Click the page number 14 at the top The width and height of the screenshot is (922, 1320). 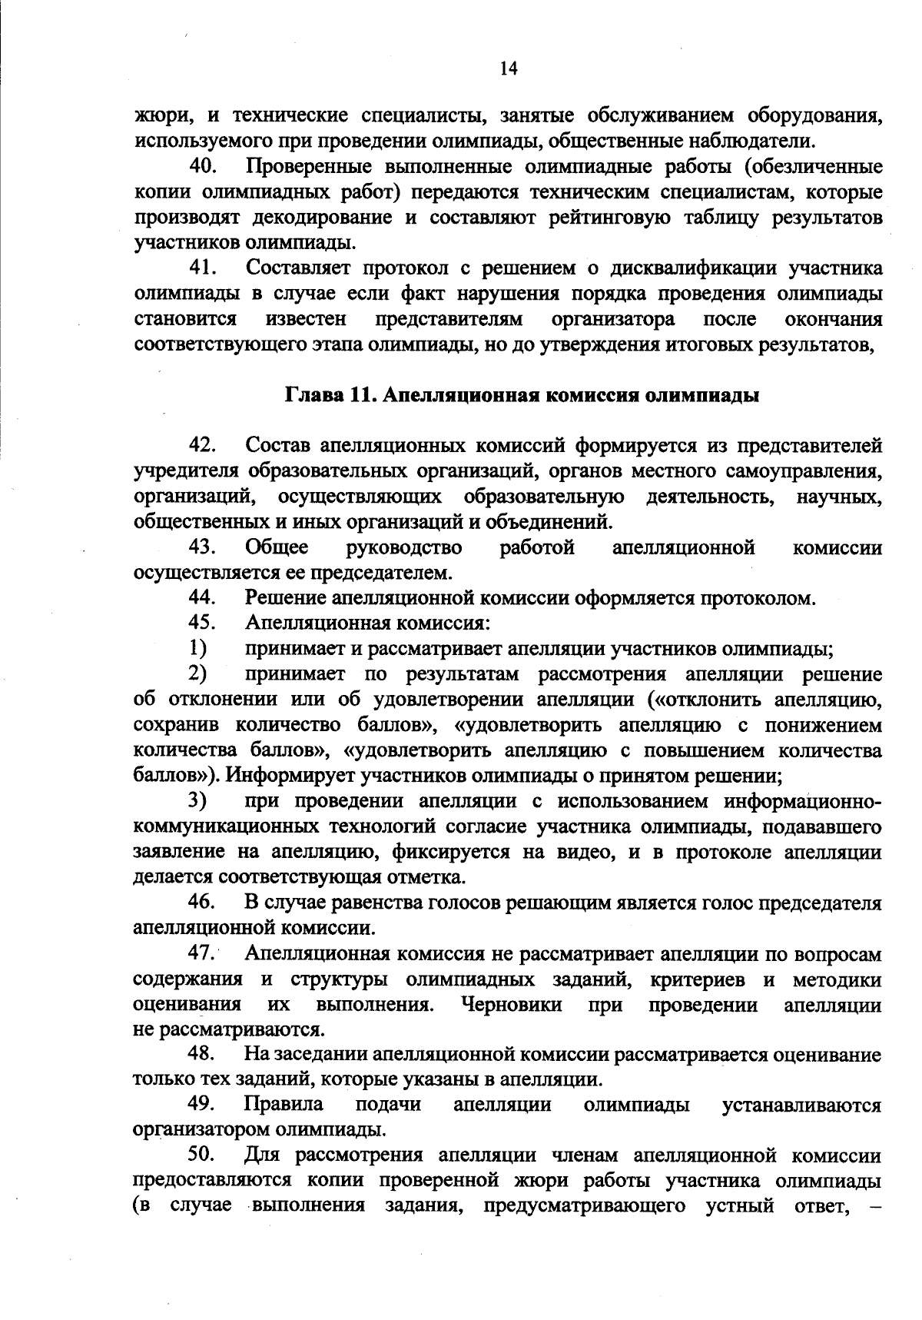pyautogui.click(x=509, y=68)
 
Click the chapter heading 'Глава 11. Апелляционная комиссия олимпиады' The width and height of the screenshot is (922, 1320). pyautogui.click(x=522, y=396)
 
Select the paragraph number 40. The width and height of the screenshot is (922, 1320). pyautogui.click(x=204, y=166)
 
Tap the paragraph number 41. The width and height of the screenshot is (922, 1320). pyautogui.click(x=204, y=268)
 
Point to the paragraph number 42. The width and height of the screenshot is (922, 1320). pyautogui.click(x=204, y=445)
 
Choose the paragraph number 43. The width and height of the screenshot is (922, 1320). pyautogui.click(x=204, y=547)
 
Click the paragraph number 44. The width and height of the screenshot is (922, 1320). pyautogui.click(x=204, y=597)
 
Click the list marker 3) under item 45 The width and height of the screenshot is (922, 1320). pyautogui.click(x=198, y=801)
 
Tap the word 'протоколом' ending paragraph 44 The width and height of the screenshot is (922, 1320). pyautogui.click(x=755, y=598)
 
